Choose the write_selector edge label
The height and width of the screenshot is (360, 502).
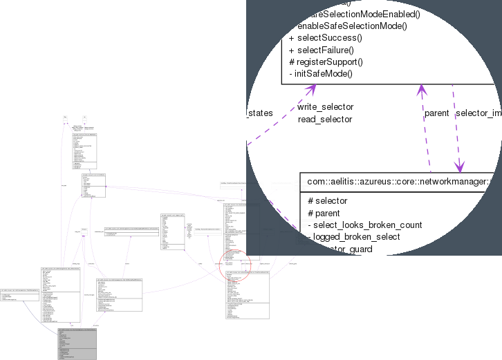pos(325,107)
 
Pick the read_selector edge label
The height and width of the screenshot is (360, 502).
pos(324,119)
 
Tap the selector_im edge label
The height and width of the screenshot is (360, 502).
pos(478,113)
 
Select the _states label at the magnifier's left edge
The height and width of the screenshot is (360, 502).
pos(260,113)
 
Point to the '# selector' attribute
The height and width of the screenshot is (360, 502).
pos(328,200)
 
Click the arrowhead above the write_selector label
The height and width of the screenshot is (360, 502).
pos(312,89)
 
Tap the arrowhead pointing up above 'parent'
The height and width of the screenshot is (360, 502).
pos(420,89)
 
